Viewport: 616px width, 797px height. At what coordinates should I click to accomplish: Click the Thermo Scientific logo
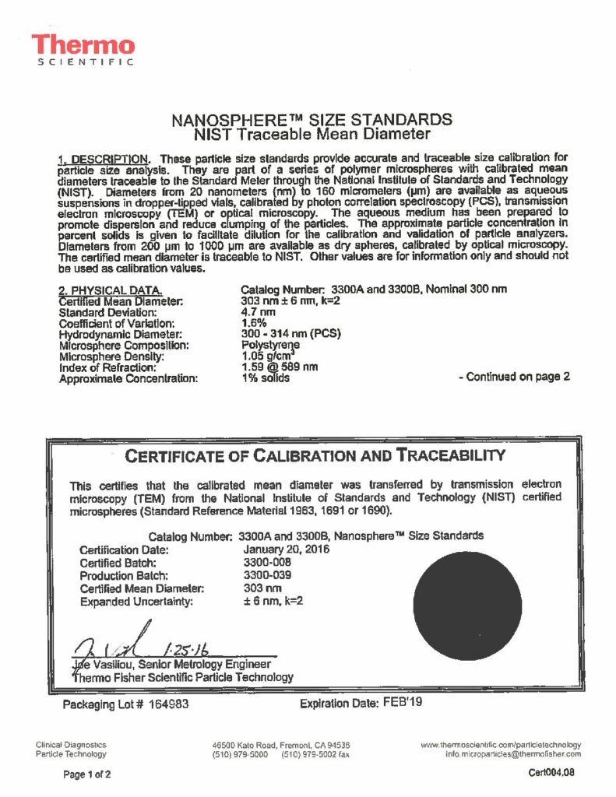click(83, 50)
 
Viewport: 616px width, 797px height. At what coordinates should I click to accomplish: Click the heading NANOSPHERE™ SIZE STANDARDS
click(311, 120)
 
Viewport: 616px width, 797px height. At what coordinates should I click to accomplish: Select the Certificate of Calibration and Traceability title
click(315, 455)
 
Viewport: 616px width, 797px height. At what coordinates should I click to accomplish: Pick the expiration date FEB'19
click(403, 703)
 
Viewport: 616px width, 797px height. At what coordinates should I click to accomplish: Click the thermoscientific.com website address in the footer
click(501, 745)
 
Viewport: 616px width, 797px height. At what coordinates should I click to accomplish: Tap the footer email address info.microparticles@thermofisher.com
click(513, 754)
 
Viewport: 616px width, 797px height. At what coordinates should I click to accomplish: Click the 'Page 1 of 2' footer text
click(87, 774)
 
